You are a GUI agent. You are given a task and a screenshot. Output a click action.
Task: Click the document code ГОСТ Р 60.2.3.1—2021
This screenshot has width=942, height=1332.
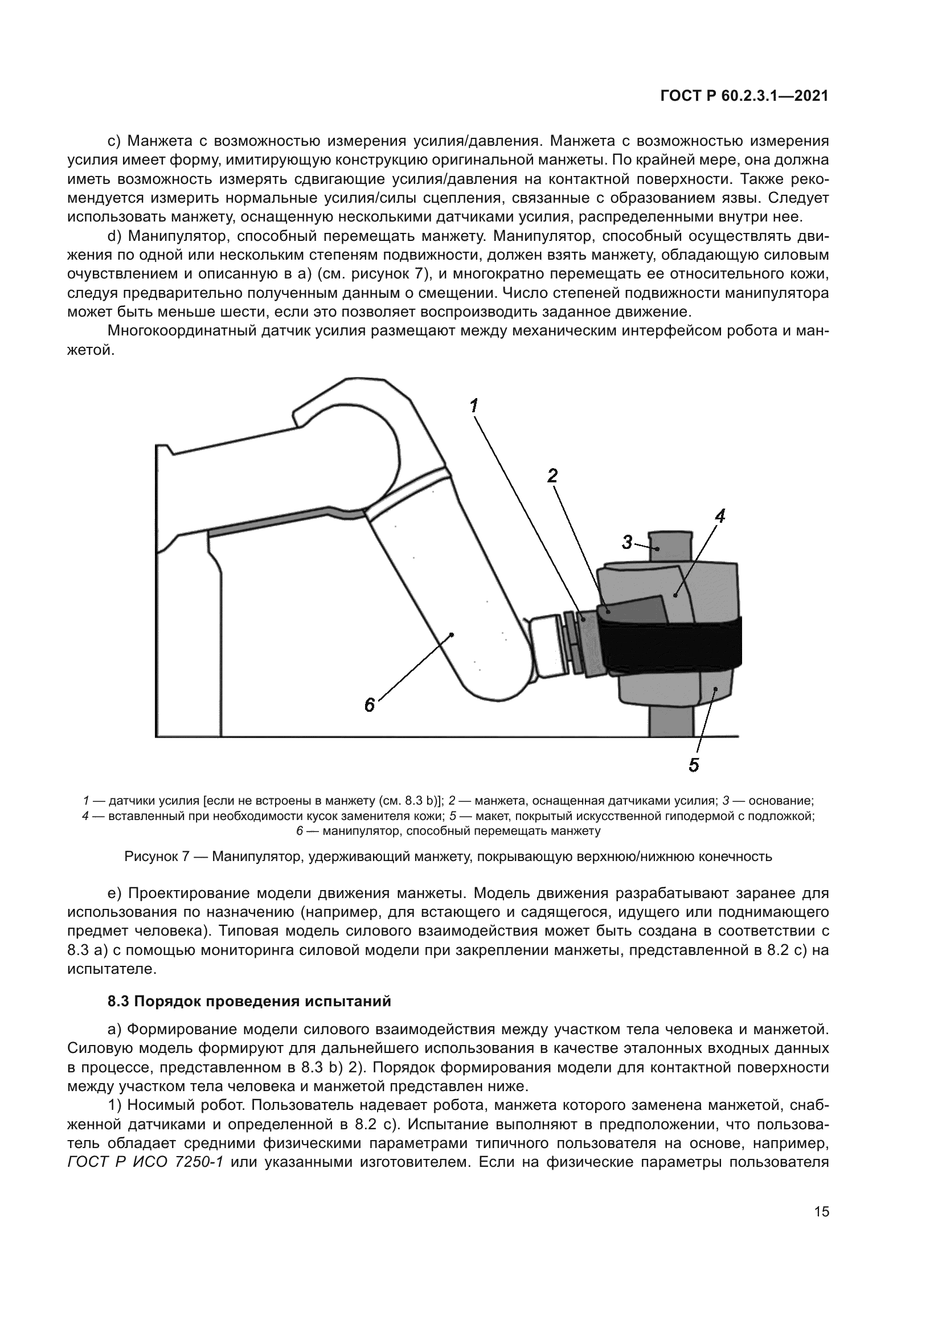click(745, 96)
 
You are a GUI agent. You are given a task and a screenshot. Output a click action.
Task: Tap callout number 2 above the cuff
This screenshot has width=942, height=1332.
click(552, 476)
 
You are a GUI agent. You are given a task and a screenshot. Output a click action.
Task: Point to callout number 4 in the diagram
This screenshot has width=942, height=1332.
click(720, 515)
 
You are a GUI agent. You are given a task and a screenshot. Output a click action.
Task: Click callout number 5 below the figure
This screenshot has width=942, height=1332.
click(694, 765)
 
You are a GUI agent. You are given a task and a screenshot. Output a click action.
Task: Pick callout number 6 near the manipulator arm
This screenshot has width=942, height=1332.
click(370, 706)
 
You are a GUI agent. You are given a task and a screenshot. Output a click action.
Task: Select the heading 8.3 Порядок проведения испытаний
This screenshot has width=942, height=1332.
click(249, 1001)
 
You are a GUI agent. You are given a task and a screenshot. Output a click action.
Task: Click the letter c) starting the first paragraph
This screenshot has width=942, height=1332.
click(114, 141)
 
